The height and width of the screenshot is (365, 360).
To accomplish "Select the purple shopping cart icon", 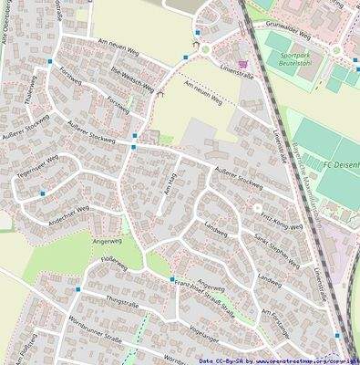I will point(242,52).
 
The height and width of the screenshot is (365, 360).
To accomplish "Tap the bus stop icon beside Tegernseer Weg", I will point(43,193).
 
